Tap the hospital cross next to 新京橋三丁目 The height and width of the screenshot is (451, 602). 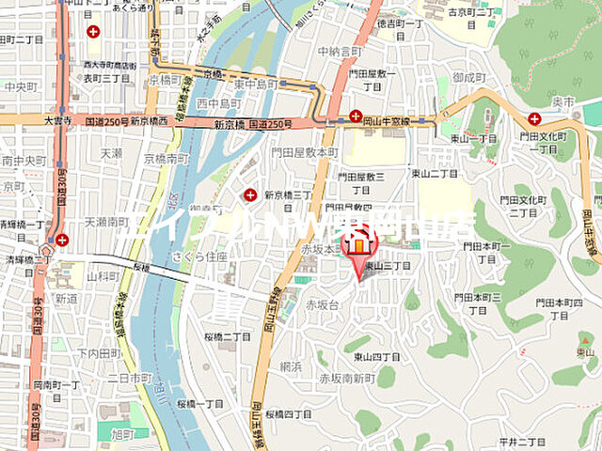coord(250,194)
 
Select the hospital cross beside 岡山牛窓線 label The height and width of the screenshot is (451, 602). coord(356,117)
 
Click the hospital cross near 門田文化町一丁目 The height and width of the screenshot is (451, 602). coord(534,118)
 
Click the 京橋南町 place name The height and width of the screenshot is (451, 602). coord(166,160)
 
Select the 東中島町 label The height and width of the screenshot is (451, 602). coord(256,84)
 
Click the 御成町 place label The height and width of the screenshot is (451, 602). coord(467,77)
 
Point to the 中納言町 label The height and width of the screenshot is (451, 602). coord(340,51)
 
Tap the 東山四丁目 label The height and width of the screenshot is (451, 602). coord(375,356)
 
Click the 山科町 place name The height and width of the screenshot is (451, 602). coord(103,277)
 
